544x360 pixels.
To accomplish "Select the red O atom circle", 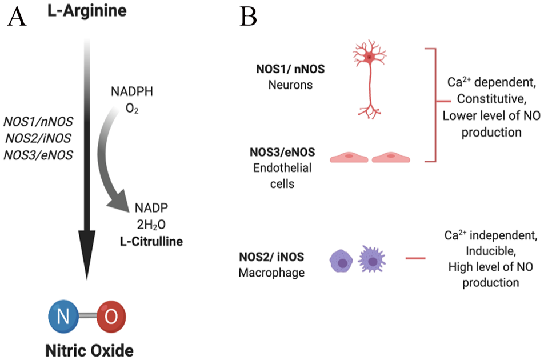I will (x=109, y=314).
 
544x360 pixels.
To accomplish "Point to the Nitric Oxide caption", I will (x=86, y=348).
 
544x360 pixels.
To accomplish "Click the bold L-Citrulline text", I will (x=151, y=241).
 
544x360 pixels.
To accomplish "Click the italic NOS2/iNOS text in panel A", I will (x=38, y=138).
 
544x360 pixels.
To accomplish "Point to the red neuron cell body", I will (x=370, y=57).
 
